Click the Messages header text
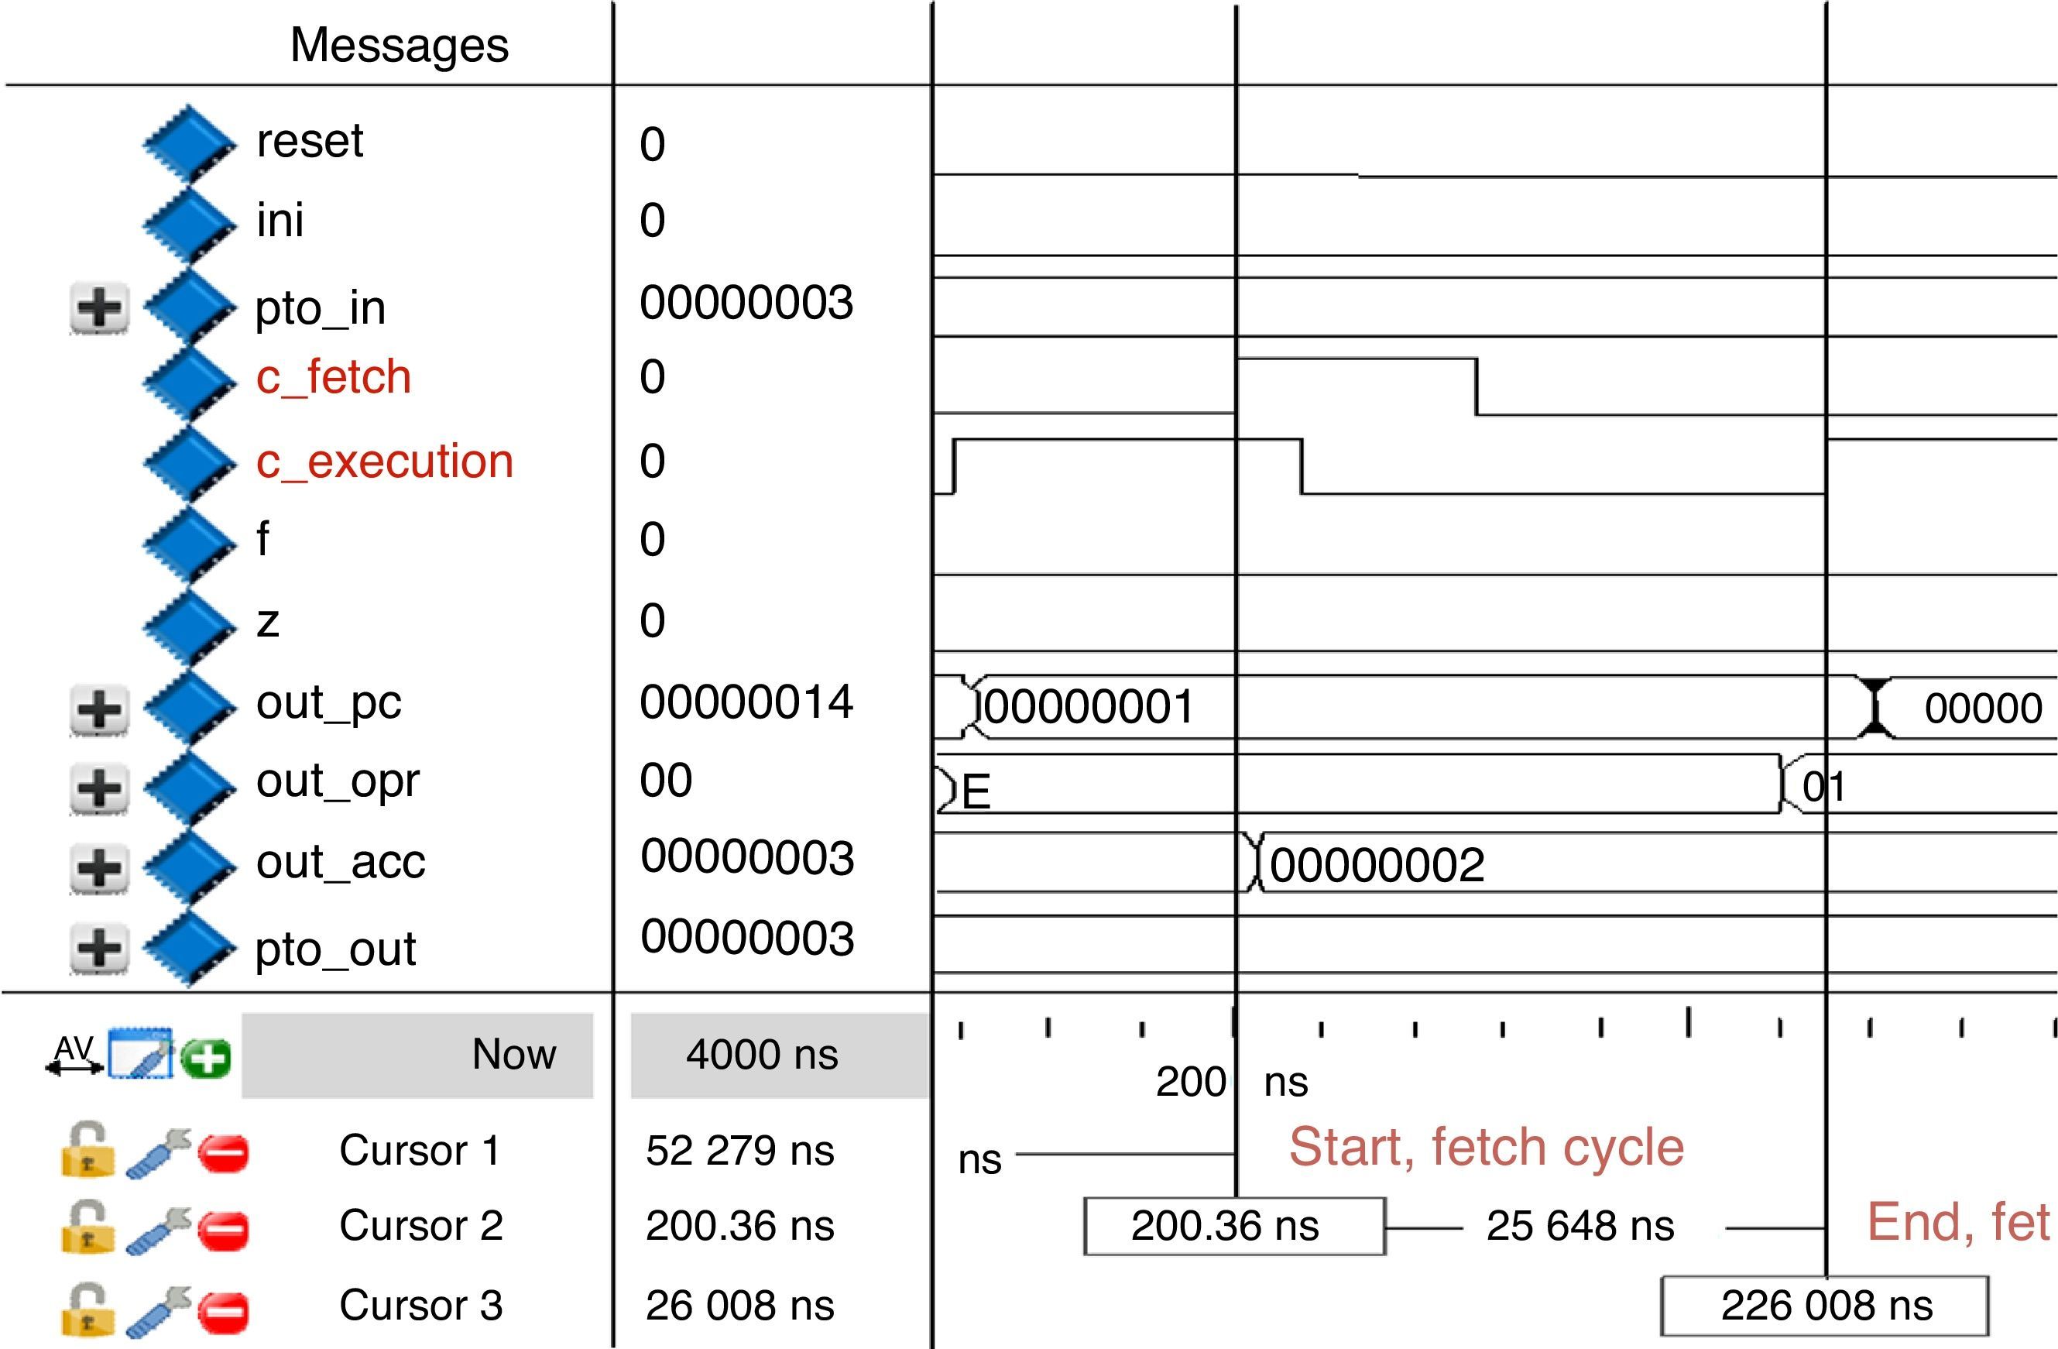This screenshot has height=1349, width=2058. (399, 45)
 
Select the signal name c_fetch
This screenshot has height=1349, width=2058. (333, 377)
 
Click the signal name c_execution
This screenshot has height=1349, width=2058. (384, 461)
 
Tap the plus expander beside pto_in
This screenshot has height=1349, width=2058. (99, 307)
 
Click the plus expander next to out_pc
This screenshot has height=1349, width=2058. (99, 709)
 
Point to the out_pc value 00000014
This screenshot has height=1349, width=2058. (746, 702)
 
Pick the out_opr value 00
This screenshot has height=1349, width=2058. (666, 780)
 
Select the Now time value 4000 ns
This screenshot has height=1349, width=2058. (762, 1055)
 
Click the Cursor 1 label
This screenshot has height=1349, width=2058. (420, 1150)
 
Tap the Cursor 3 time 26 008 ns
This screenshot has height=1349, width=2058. (739, 1305)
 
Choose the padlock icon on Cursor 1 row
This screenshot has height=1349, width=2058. (87, 1150)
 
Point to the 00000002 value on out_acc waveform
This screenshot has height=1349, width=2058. (1377, 865)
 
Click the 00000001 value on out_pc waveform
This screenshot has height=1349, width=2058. (1089, 707)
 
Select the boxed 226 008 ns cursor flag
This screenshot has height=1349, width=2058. (1826, 1305)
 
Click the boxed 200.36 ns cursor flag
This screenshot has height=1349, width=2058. (1234, 1225)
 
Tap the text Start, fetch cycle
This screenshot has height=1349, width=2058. (1486, 1148)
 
